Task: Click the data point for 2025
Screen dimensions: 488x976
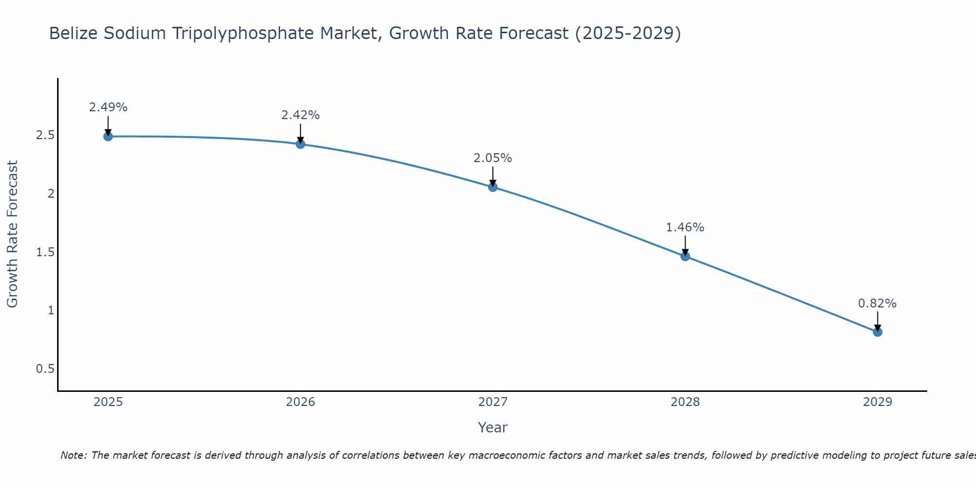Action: click(108, 136)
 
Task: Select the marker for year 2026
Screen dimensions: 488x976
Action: click(301, 144)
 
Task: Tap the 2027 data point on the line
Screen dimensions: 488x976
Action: click(493, 187)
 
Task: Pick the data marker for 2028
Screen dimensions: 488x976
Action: click(685, 256)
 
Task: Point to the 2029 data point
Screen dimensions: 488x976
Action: click(877, 332)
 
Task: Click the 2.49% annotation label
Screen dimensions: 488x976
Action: click(108, 107)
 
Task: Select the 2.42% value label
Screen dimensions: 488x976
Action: click(301, 115)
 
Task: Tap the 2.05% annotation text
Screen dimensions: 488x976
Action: click(493, 158)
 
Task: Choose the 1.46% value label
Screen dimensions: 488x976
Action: click(685, 227)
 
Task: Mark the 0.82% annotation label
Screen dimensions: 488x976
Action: click(877, 304)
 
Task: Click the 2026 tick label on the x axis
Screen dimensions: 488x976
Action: click(301, 402)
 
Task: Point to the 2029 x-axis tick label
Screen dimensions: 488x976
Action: click(877, 402)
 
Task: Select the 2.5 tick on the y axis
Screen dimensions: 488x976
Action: click(45, 135)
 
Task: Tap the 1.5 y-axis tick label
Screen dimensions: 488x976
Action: click(45, 252)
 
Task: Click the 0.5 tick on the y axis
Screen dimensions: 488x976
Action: click(45, 368)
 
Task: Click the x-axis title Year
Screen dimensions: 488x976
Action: click(493, 427)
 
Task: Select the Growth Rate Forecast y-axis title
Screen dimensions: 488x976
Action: click(13, 234)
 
